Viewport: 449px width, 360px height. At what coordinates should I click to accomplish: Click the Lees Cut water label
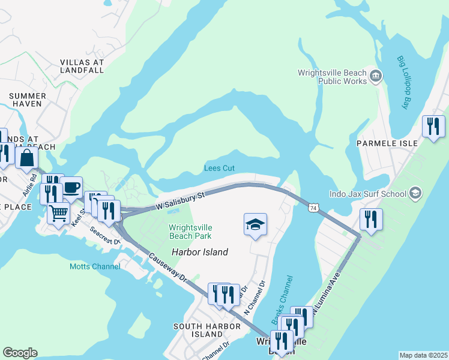click(219, 169)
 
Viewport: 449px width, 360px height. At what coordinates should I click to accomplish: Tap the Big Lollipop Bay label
click(402, 83)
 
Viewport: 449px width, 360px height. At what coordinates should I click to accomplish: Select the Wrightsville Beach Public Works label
click(332, 77)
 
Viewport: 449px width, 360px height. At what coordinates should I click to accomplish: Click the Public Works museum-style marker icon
click(376, 76)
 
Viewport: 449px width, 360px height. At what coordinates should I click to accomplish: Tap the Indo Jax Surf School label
click(367, 194)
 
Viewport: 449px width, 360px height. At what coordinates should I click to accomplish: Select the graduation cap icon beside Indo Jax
click(415, 194)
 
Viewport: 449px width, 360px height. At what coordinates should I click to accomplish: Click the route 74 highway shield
click(313, 208)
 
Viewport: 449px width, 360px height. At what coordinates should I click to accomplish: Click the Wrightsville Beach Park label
click(190, 232)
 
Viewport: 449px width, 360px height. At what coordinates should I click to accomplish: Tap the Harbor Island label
click(200, 252)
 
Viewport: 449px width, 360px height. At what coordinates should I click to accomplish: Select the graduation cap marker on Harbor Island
click(255, 224)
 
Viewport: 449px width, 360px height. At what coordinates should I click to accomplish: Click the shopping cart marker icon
click(58, 212)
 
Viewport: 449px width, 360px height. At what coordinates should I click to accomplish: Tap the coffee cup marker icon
click(71, 187)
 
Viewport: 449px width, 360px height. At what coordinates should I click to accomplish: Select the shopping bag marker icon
click(27, 158)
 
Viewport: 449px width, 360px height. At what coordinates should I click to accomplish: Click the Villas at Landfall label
click(82, 66)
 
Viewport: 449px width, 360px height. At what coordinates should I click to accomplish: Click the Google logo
click(20, 353)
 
